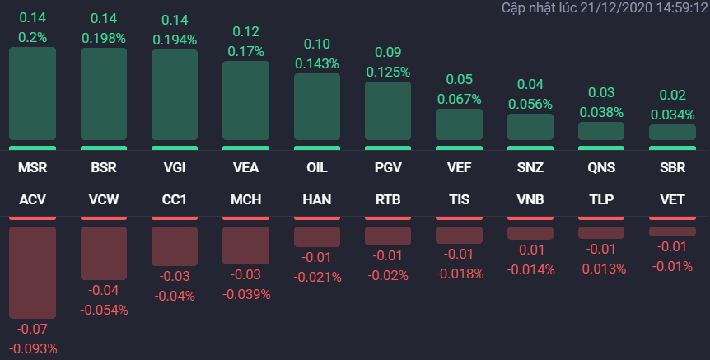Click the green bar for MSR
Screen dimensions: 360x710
(x=32, y=94)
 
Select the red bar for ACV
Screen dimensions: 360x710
(x=32, y=273)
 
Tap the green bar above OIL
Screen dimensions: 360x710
(x=317, y=107)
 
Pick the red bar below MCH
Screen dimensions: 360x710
(x=245, y=245)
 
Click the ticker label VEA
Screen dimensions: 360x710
(x=245, y=168)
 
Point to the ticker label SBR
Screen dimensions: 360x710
(x=672, y=168)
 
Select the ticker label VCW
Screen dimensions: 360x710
(x=104, y=199)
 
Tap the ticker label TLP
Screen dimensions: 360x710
(x=601, y=199)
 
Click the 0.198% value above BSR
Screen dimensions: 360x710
(x=104, y=38)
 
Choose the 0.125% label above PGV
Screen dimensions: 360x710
(x=388, y=72)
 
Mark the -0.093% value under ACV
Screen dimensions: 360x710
(x=32, y=348)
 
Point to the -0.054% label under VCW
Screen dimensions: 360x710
(x=104, y=310)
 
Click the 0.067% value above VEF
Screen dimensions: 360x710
(x=459, y=99)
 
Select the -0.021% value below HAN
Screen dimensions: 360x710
(x=317, y=277)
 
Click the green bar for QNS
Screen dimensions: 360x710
(x=601, y=131)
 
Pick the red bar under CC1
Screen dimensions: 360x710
(x=175, y=246)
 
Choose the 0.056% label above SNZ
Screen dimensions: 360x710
(x=530, y=104)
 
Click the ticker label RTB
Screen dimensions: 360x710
(x=388, y=199)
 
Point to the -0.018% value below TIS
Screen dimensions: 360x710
(x=459, y=274)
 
